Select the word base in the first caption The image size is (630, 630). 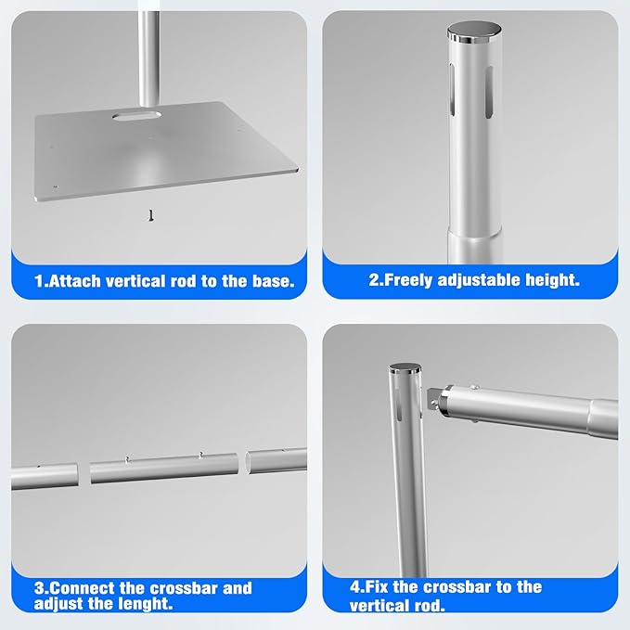click(269, 280)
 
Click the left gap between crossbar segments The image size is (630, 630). click(82, 471)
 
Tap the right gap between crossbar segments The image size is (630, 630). click(242, 463)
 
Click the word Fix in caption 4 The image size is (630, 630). click(380, 587)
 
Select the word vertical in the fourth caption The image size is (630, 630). click(381, 605)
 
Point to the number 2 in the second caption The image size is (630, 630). click(374, 279)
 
